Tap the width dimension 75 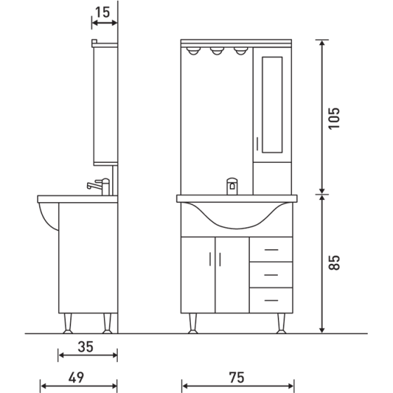click(237, 377)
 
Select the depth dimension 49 click(77, 377)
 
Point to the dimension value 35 click(86, 346)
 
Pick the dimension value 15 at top click(104, 12)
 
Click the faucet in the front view click(232, 187)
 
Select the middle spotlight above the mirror click(217, 51)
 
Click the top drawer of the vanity click(270, 248)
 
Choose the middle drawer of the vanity click(270, 274)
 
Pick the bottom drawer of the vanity click(270, 300)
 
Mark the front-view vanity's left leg click(192, 324)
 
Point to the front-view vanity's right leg click(281, 324)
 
